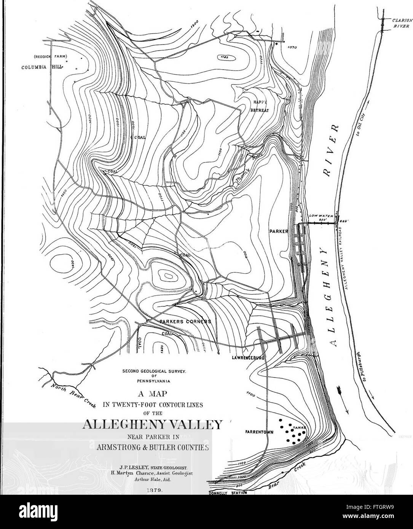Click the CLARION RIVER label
(x=401, y=24)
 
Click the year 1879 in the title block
(x=154, y=491)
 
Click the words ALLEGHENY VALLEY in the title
(x=154, y=424)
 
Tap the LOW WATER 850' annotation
(x=322, y=218)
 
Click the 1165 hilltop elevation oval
(x=225, y=58)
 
